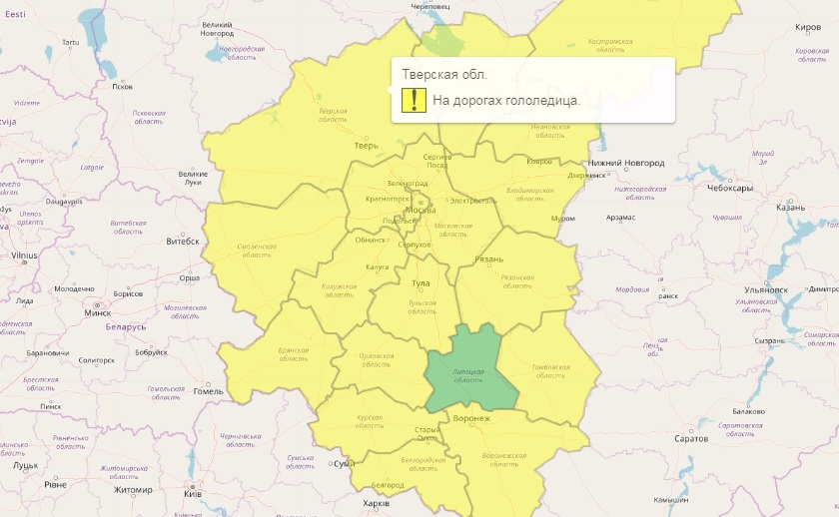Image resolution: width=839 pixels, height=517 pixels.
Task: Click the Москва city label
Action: pos(420,211)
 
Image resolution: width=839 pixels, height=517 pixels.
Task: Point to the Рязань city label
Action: pos(488,259)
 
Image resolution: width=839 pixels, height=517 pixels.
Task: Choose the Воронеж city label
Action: pos(471,418)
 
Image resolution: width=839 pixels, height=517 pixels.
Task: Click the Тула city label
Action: pos(421,284)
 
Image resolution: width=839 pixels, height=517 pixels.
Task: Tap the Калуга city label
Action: pos(378,267)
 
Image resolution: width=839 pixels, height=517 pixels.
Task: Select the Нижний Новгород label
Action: pos(626,163)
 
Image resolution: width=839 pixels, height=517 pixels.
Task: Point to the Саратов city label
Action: pos(690,438)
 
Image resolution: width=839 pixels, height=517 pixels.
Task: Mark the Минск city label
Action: pos(98,312)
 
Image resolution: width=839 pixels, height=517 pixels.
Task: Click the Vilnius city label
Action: pos(24,256)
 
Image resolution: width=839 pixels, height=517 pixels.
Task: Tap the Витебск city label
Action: pos(183,241)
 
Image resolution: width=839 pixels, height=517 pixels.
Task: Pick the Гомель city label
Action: pos(209,391)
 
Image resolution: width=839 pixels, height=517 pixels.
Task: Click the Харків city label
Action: pos(376,502)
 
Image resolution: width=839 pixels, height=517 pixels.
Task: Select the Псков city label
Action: pos(122,87)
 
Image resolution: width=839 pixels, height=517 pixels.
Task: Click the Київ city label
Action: pos(193,494)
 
